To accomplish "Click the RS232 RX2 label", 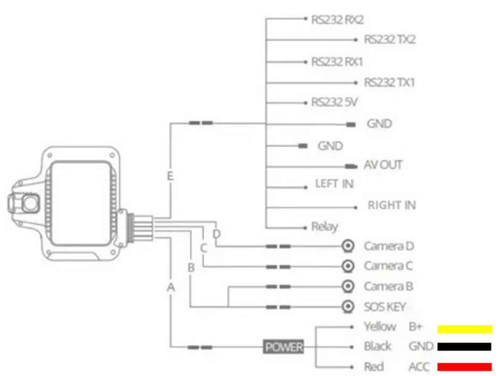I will pyautogui.click(x=337, y=20).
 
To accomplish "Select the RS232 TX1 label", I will pyautogui.click(x=389, y=83).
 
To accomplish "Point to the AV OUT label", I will pyautogui.click(x=383, y=165).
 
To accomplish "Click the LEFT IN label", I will pyautogui.click(x=334, y=185).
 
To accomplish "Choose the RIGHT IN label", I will pyautogui.click(x=391, y=205).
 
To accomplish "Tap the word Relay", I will pyautogui.click(x=324, y=227).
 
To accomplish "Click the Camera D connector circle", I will pyautogui.click(x=348, y=246).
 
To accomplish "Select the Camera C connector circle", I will pyautogui.click(x=348, y=266).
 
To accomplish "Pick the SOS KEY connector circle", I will pyautogui.click(x=348, y=307).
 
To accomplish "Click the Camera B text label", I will pyautogui.click(x=388, y=287).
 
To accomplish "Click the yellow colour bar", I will pyautogui.click(x=464, y=329).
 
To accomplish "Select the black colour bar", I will pyautogui.click(x=464, y=347).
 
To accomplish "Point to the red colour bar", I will pyautogui.click(x=464, y=367).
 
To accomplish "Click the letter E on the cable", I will pyautogui.click(x=170, y=176).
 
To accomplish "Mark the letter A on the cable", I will pyautogui.click(x=170, y=287).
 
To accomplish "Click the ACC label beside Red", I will pyautogui.click(x=419, y=367).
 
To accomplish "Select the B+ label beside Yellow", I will pyautogui.click(x=415, y=327).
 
